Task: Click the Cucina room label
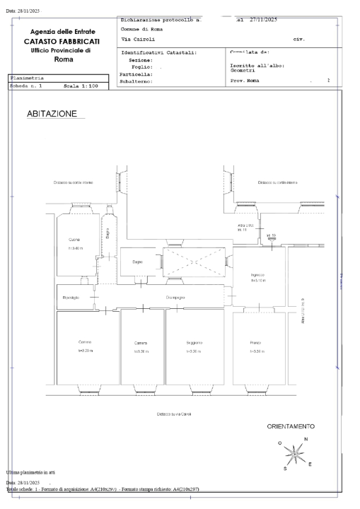(x=74, y=240)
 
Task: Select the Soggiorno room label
(x=194, y=343)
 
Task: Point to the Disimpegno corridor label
(x=175, y=298)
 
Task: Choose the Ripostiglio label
(x=71, y=298)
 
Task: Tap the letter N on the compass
(x=305, y=439)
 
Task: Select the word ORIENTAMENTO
(x=290, y=427)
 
